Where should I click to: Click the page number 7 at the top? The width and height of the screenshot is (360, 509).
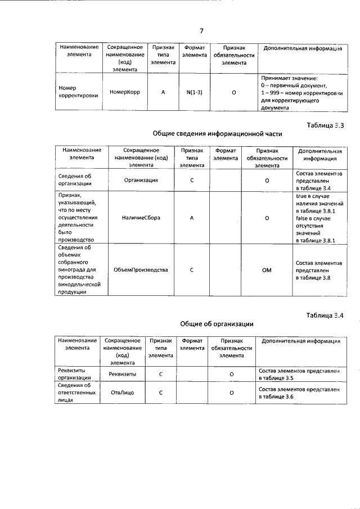[201, 31]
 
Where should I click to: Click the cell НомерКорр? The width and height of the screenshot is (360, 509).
[125, 92]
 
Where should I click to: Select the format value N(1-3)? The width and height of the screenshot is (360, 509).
[194, 92]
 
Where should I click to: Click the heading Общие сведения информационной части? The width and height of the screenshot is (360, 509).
[217, 134]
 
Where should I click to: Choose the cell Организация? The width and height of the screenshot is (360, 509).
[141, 181]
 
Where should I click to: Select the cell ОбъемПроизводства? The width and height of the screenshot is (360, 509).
[141, 269]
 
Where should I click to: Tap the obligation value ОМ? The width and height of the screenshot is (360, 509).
[267, 270]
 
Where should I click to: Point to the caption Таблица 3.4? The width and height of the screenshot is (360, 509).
[325, 315]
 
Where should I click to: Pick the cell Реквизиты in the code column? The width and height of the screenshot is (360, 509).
[120, 373]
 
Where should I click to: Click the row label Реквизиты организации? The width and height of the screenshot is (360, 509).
[75, 374]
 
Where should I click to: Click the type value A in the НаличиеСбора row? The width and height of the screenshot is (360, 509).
[192, 218]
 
